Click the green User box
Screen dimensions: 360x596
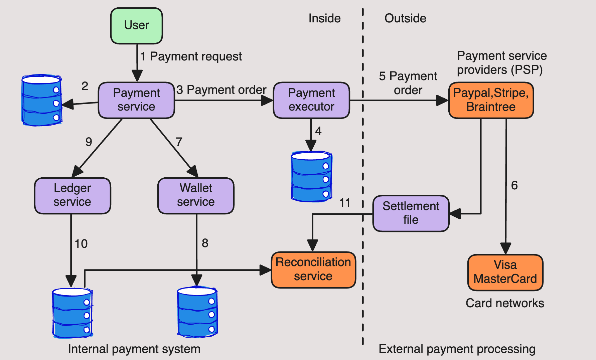coord(137,26)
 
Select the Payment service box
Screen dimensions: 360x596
coord(136,100)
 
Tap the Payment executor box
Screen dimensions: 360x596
coord(311,100)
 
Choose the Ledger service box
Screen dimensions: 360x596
coord(72,195)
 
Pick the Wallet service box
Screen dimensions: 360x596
coord(196,195)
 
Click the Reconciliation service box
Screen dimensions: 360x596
coord(313,269)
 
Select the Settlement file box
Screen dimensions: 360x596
coord(411,213)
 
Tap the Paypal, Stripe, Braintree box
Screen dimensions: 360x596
coord(491,100)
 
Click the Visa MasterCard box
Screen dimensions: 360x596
coord(505,272)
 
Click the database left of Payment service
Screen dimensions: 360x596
coord(41,100)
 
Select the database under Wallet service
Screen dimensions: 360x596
coord(197,311)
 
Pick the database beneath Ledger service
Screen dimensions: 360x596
coord(72,313)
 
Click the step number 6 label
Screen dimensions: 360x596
coord(514,185)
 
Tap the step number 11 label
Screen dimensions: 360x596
coord(345,203)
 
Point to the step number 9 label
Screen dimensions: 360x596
coord(89,142)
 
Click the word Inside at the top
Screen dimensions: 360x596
coord(324,18)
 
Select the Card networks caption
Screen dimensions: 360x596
coord(505,303)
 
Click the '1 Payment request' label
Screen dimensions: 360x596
coord(191,56)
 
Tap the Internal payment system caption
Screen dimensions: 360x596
coord(134,349)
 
